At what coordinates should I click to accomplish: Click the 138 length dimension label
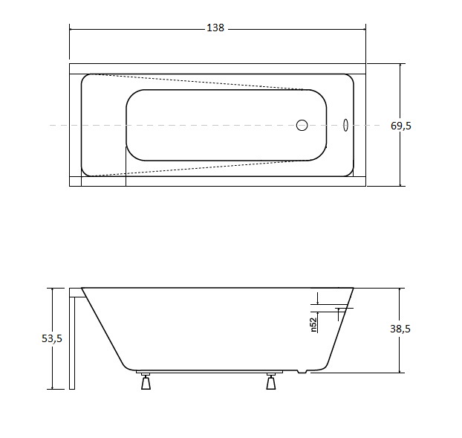click(215, 28)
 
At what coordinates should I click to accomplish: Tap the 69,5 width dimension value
click(400, 126)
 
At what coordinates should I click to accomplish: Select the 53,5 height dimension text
click(52, 338)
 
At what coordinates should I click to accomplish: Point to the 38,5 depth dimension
click(400, 329)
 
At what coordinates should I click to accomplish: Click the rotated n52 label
click(313, 324)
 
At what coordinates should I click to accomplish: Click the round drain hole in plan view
click(302, 126)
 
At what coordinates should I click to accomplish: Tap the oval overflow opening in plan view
click(345, 125)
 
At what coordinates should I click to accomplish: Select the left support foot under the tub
click(146, 381)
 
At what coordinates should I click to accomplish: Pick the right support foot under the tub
click(271, 381)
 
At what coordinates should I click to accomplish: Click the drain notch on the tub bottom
click(302, 372)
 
